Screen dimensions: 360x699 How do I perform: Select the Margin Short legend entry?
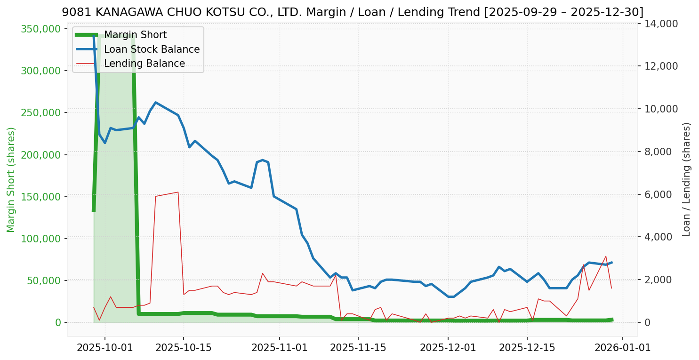point(135,35)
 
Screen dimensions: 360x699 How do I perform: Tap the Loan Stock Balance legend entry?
point(152,49)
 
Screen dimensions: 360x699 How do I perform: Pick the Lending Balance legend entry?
point(144,64)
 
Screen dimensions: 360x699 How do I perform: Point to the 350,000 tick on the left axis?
point(41,29)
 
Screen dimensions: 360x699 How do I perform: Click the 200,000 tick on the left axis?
point(41,155)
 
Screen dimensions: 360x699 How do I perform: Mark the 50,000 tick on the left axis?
point(43,280)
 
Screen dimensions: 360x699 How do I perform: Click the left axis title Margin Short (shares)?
point(11,180)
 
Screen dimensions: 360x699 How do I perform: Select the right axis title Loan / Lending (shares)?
point(687,180)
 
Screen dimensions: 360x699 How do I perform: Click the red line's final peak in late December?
point(606,256)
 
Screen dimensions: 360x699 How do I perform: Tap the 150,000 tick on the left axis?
point(41,197)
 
